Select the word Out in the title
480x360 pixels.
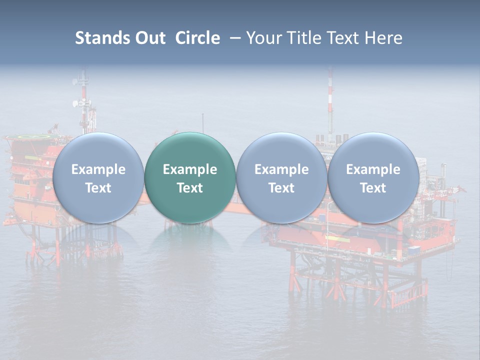(x=149, y=38)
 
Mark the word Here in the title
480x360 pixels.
(x=384, y=38)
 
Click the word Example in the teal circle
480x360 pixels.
(x=190, y=169)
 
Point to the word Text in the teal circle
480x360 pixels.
(x=190, y=188)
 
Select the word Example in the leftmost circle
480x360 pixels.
(x=98, y=169)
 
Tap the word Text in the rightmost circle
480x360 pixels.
(x=373, y=188)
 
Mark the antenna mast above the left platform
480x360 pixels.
(x=84, y=100)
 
